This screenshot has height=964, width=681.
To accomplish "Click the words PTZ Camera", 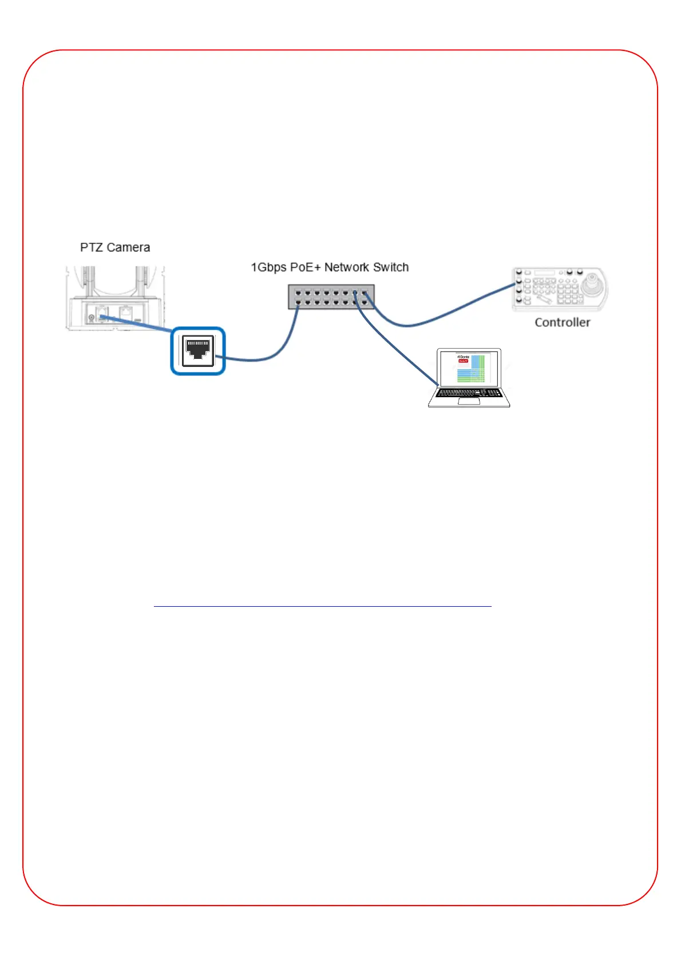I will click(115, 247).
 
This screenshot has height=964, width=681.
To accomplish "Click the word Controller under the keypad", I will click(562, 322).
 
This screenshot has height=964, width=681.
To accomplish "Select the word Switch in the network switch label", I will click(391, 267).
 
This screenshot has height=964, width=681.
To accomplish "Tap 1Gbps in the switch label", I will click(268, 267).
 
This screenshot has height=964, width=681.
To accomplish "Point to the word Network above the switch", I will click(346, 267).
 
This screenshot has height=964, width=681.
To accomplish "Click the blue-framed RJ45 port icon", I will click(198, 351).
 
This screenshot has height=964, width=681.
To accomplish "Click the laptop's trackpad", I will click(469, 401).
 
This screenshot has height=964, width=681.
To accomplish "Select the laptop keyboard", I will click(469, 393).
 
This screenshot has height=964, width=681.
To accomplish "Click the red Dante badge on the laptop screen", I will click(463, 361).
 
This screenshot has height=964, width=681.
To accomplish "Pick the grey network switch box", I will click(331, 297).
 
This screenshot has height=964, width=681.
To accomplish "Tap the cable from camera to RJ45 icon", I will click(137, 322).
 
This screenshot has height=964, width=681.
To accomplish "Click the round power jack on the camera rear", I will click(91, 317).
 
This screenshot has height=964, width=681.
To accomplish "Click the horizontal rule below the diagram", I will click(322, 606).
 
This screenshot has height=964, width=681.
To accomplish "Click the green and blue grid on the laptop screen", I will click(472, 371).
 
